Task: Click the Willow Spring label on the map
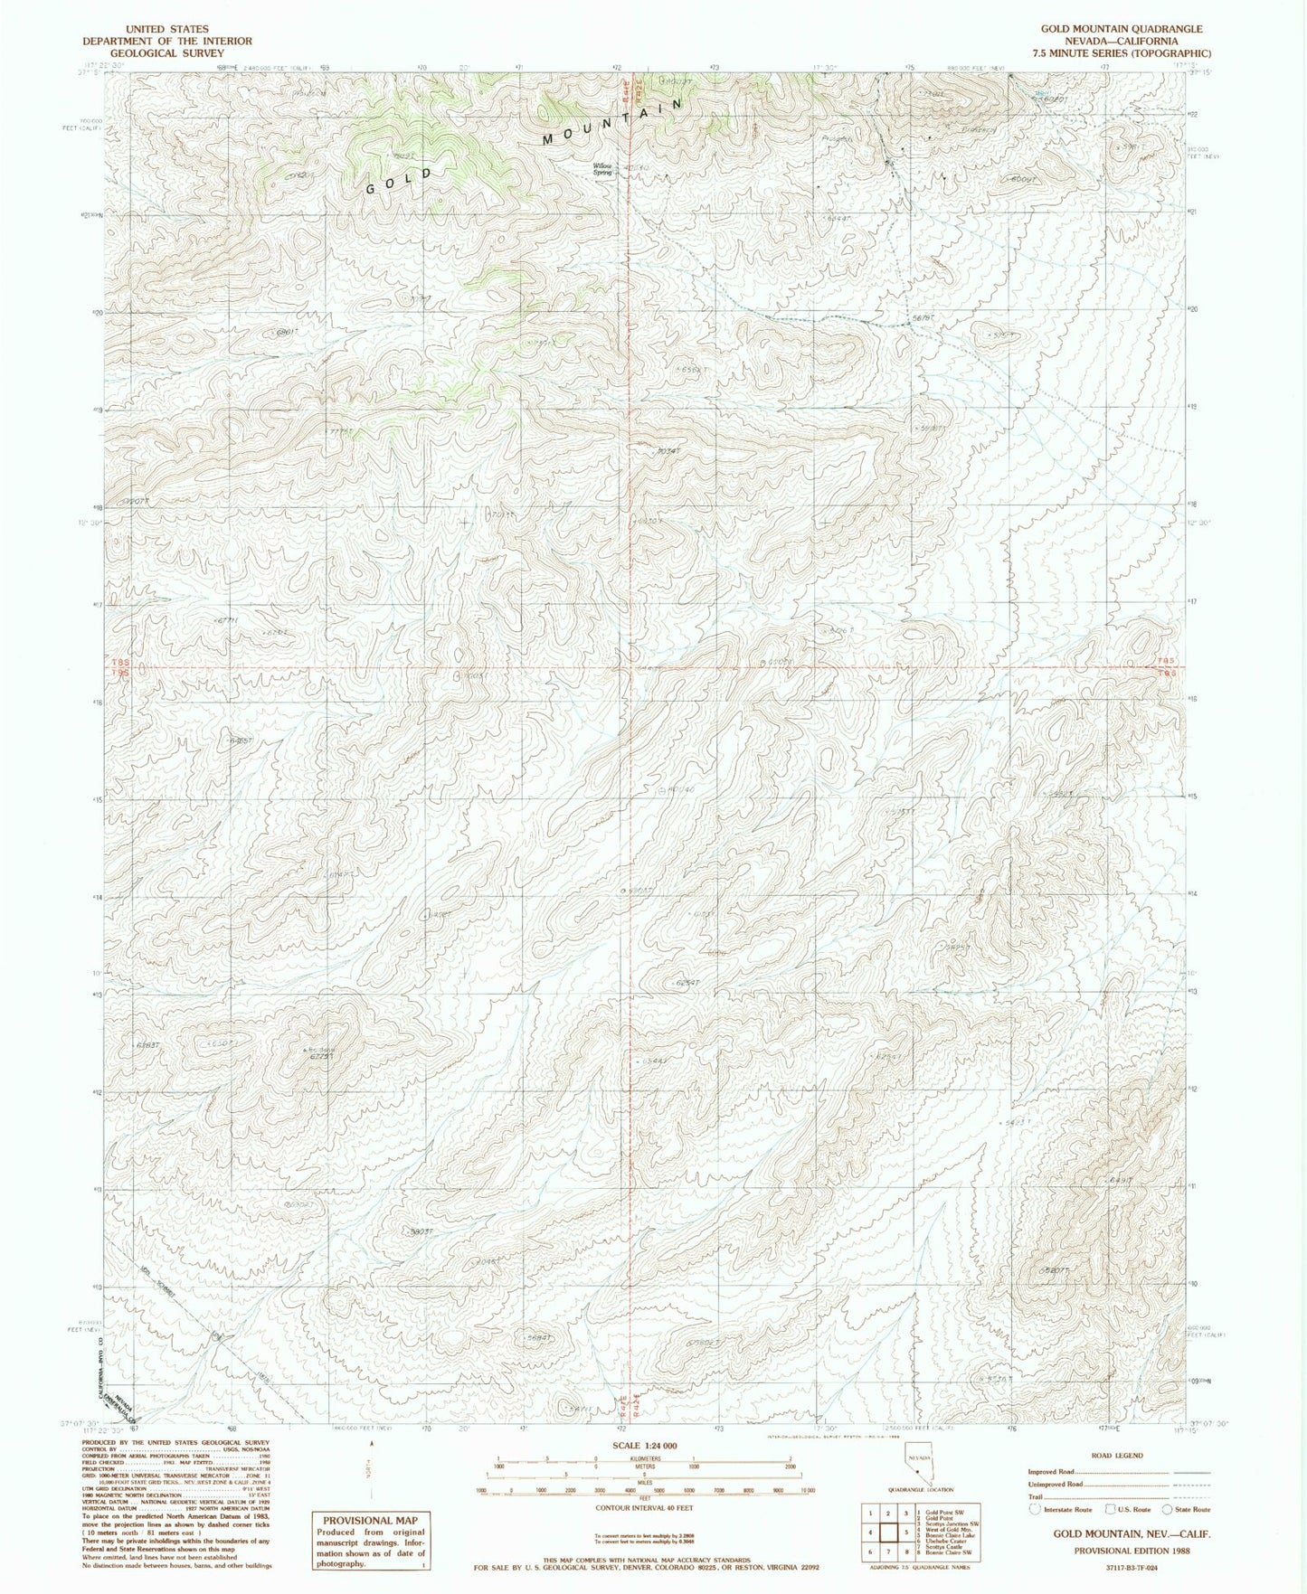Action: (602, 169)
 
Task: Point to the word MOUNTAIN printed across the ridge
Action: (611, 122)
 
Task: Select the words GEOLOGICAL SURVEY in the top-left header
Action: (167, 53)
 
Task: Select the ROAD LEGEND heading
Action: (1118, 1456)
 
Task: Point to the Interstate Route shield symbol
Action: (1036, 1509)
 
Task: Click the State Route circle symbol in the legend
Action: (1168, 1509)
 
